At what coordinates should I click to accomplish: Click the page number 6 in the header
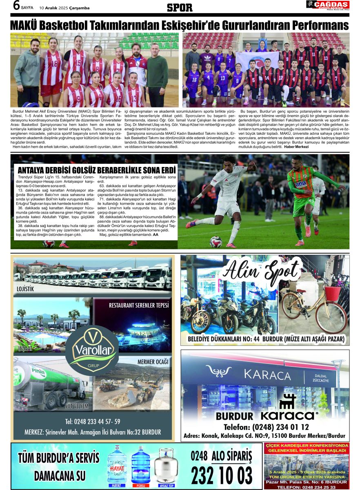(17, 6)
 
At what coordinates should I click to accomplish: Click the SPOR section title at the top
(180, 7)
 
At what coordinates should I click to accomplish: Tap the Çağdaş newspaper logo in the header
(328, 5)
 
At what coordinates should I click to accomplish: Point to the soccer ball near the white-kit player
(216, 241)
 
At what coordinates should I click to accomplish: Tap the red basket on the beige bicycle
(333, 292)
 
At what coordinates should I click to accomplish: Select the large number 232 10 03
(221, 475)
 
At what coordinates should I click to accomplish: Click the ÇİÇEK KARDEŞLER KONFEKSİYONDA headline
(306, 445)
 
